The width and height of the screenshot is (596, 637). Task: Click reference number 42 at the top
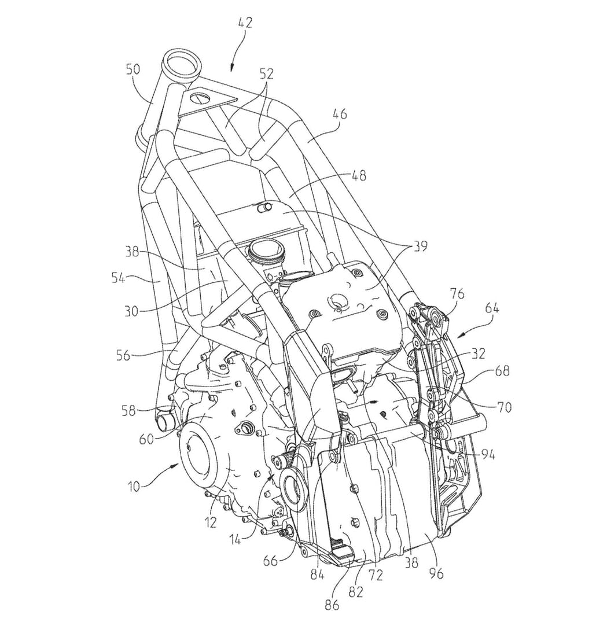(244, 24)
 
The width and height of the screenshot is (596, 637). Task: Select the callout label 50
(133, 69)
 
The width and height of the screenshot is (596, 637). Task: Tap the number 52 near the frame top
(266, 73)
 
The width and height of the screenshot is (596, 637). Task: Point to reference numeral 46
(340, 114)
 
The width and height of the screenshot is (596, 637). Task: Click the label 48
(359, 175)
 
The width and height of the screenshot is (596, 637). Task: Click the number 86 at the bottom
(332, 605)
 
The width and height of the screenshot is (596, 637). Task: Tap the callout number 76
(457, 294)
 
